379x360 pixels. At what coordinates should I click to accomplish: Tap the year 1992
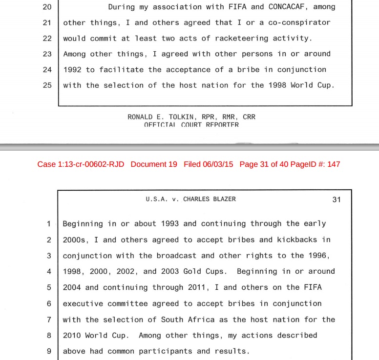click(x=72, y=69)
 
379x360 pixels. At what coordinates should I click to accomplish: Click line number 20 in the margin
click(x=47, y=7)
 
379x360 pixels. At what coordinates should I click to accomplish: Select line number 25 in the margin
click(x=47, y=85)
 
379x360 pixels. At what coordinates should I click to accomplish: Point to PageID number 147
click(x=334, y=164)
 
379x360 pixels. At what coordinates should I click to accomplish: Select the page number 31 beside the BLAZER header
click(x=337, y=199)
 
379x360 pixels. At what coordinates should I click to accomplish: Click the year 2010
click(x=72, y=336)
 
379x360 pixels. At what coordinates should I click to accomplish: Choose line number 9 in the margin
click(x=49, y=351)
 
